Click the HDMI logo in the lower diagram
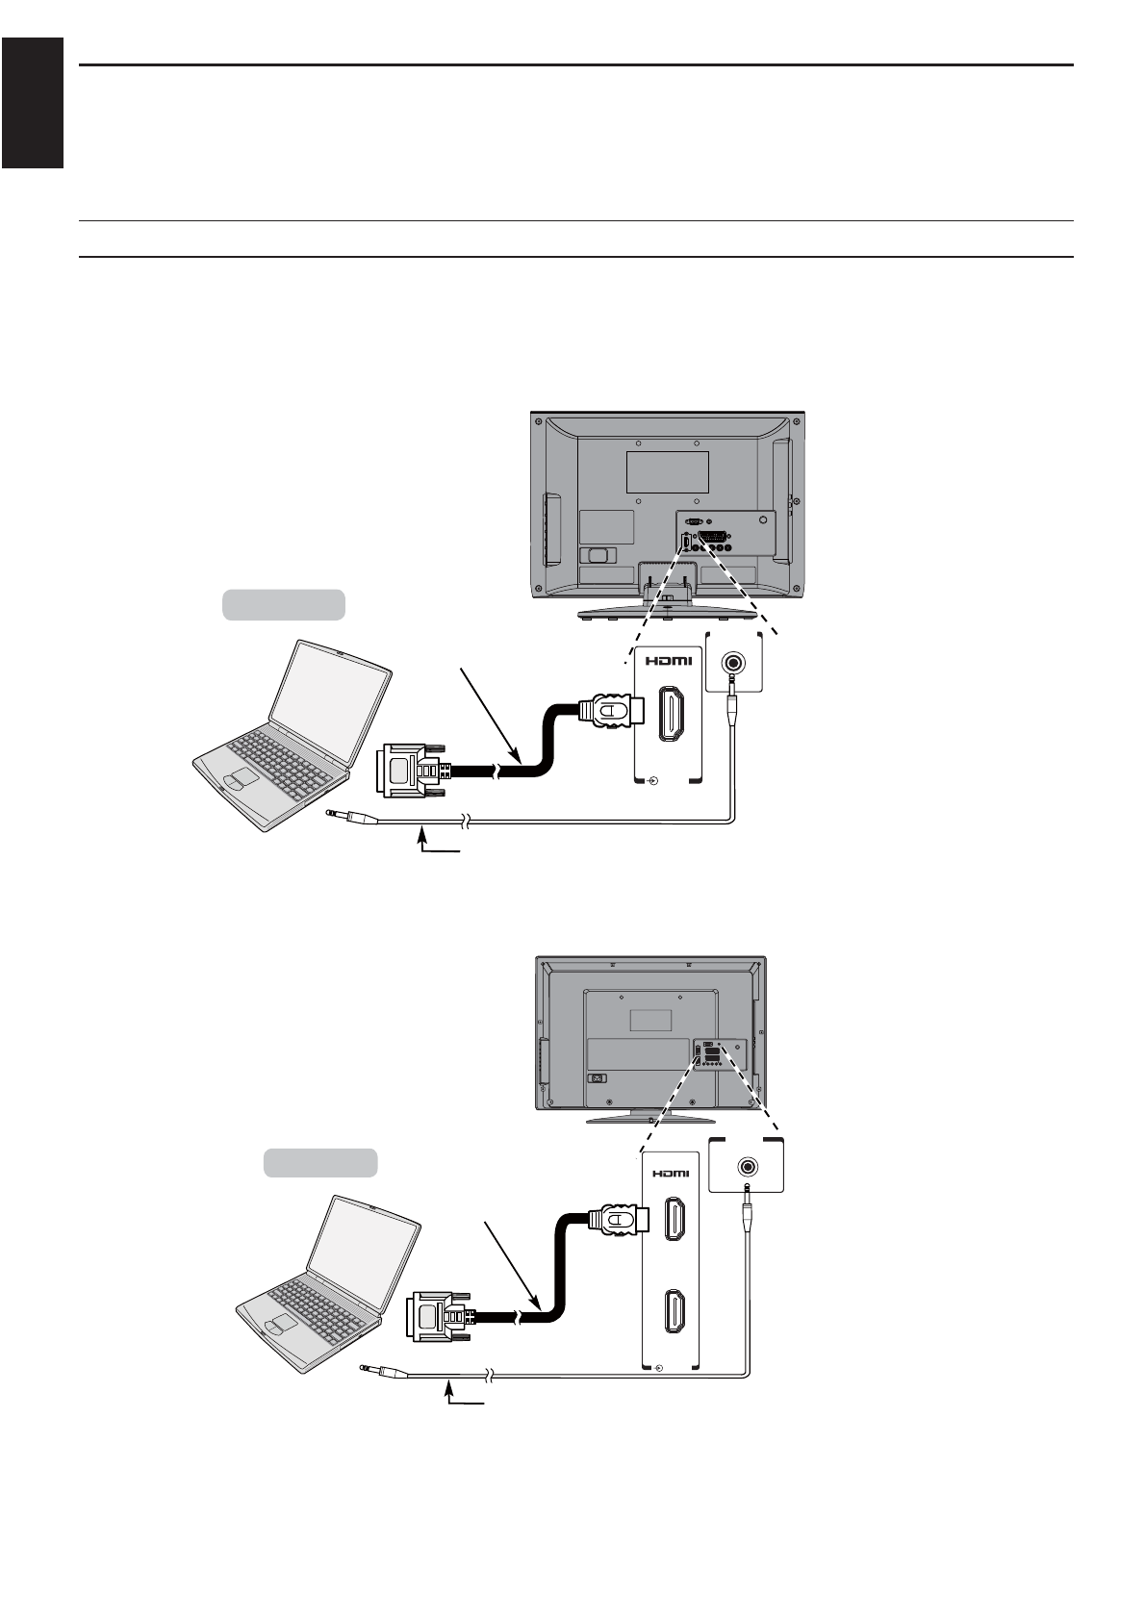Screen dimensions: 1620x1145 (671, 1173)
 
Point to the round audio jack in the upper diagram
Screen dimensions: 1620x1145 (734, 663)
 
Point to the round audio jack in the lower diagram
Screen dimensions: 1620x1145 (747, 1167)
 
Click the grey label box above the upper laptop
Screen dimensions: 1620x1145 (284, 603)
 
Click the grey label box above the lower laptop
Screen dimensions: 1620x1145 (320, 1162)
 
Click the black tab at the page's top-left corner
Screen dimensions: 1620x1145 (32, 103)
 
